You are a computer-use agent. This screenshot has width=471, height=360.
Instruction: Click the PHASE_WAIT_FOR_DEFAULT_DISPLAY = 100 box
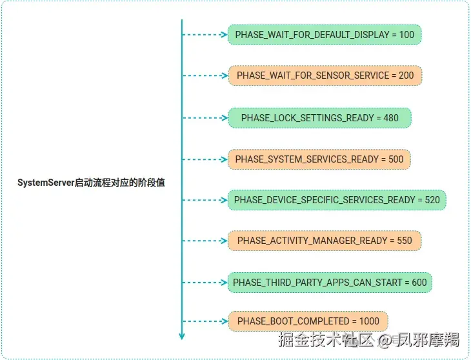tap(325, 34)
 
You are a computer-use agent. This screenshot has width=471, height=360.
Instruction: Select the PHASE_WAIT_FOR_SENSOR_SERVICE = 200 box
tap(325, 75)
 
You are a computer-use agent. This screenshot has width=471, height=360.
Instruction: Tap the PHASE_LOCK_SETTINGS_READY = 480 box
tap(319, 118)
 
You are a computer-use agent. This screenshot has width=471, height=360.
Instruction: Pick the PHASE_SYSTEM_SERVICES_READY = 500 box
tap(319, 159)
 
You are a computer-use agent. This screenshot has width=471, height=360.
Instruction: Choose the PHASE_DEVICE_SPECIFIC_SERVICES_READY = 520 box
tap(337, 199)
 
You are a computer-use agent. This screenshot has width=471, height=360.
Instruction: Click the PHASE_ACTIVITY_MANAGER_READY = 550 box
tap(325, 241)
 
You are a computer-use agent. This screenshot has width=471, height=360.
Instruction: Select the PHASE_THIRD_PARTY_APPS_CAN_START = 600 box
tap(330, 282)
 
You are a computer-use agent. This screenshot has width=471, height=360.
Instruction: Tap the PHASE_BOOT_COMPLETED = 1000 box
tap(308, 321)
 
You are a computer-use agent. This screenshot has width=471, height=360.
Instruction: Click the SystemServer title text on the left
tap(91, 183)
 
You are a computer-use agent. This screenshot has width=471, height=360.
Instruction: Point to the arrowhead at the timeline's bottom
tap(182, 335)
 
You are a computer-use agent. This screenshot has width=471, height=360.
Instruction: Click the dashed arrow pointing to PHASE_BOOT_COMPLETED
tap(205, 321)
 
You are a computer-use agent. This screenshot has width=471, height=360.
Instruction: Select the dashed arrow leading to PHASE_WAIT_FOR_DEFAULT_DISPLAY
tap(205, 34)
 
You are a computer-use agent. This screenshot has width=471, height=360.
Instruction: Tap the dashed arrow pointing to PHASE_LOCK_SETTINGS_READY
tap(205, 118)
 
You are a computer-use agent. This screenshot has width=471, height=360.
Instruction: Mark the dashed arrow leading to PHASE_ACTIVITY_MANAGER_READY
tap(205, 241)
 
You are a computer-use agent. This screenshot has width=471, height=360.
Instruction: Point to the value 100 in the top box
tap(406, 34)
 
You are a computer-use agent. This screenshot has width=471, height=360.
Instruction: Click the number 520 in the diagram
tap(432, 199)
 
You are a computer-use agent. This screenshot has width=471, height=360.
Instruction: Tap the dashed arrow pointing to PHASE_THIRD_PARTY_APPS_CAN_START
tap(205, 282)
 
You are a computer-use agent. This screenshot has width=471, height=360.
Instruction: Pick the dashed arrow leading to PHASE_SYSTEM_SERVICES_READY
tap(205, 159)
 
